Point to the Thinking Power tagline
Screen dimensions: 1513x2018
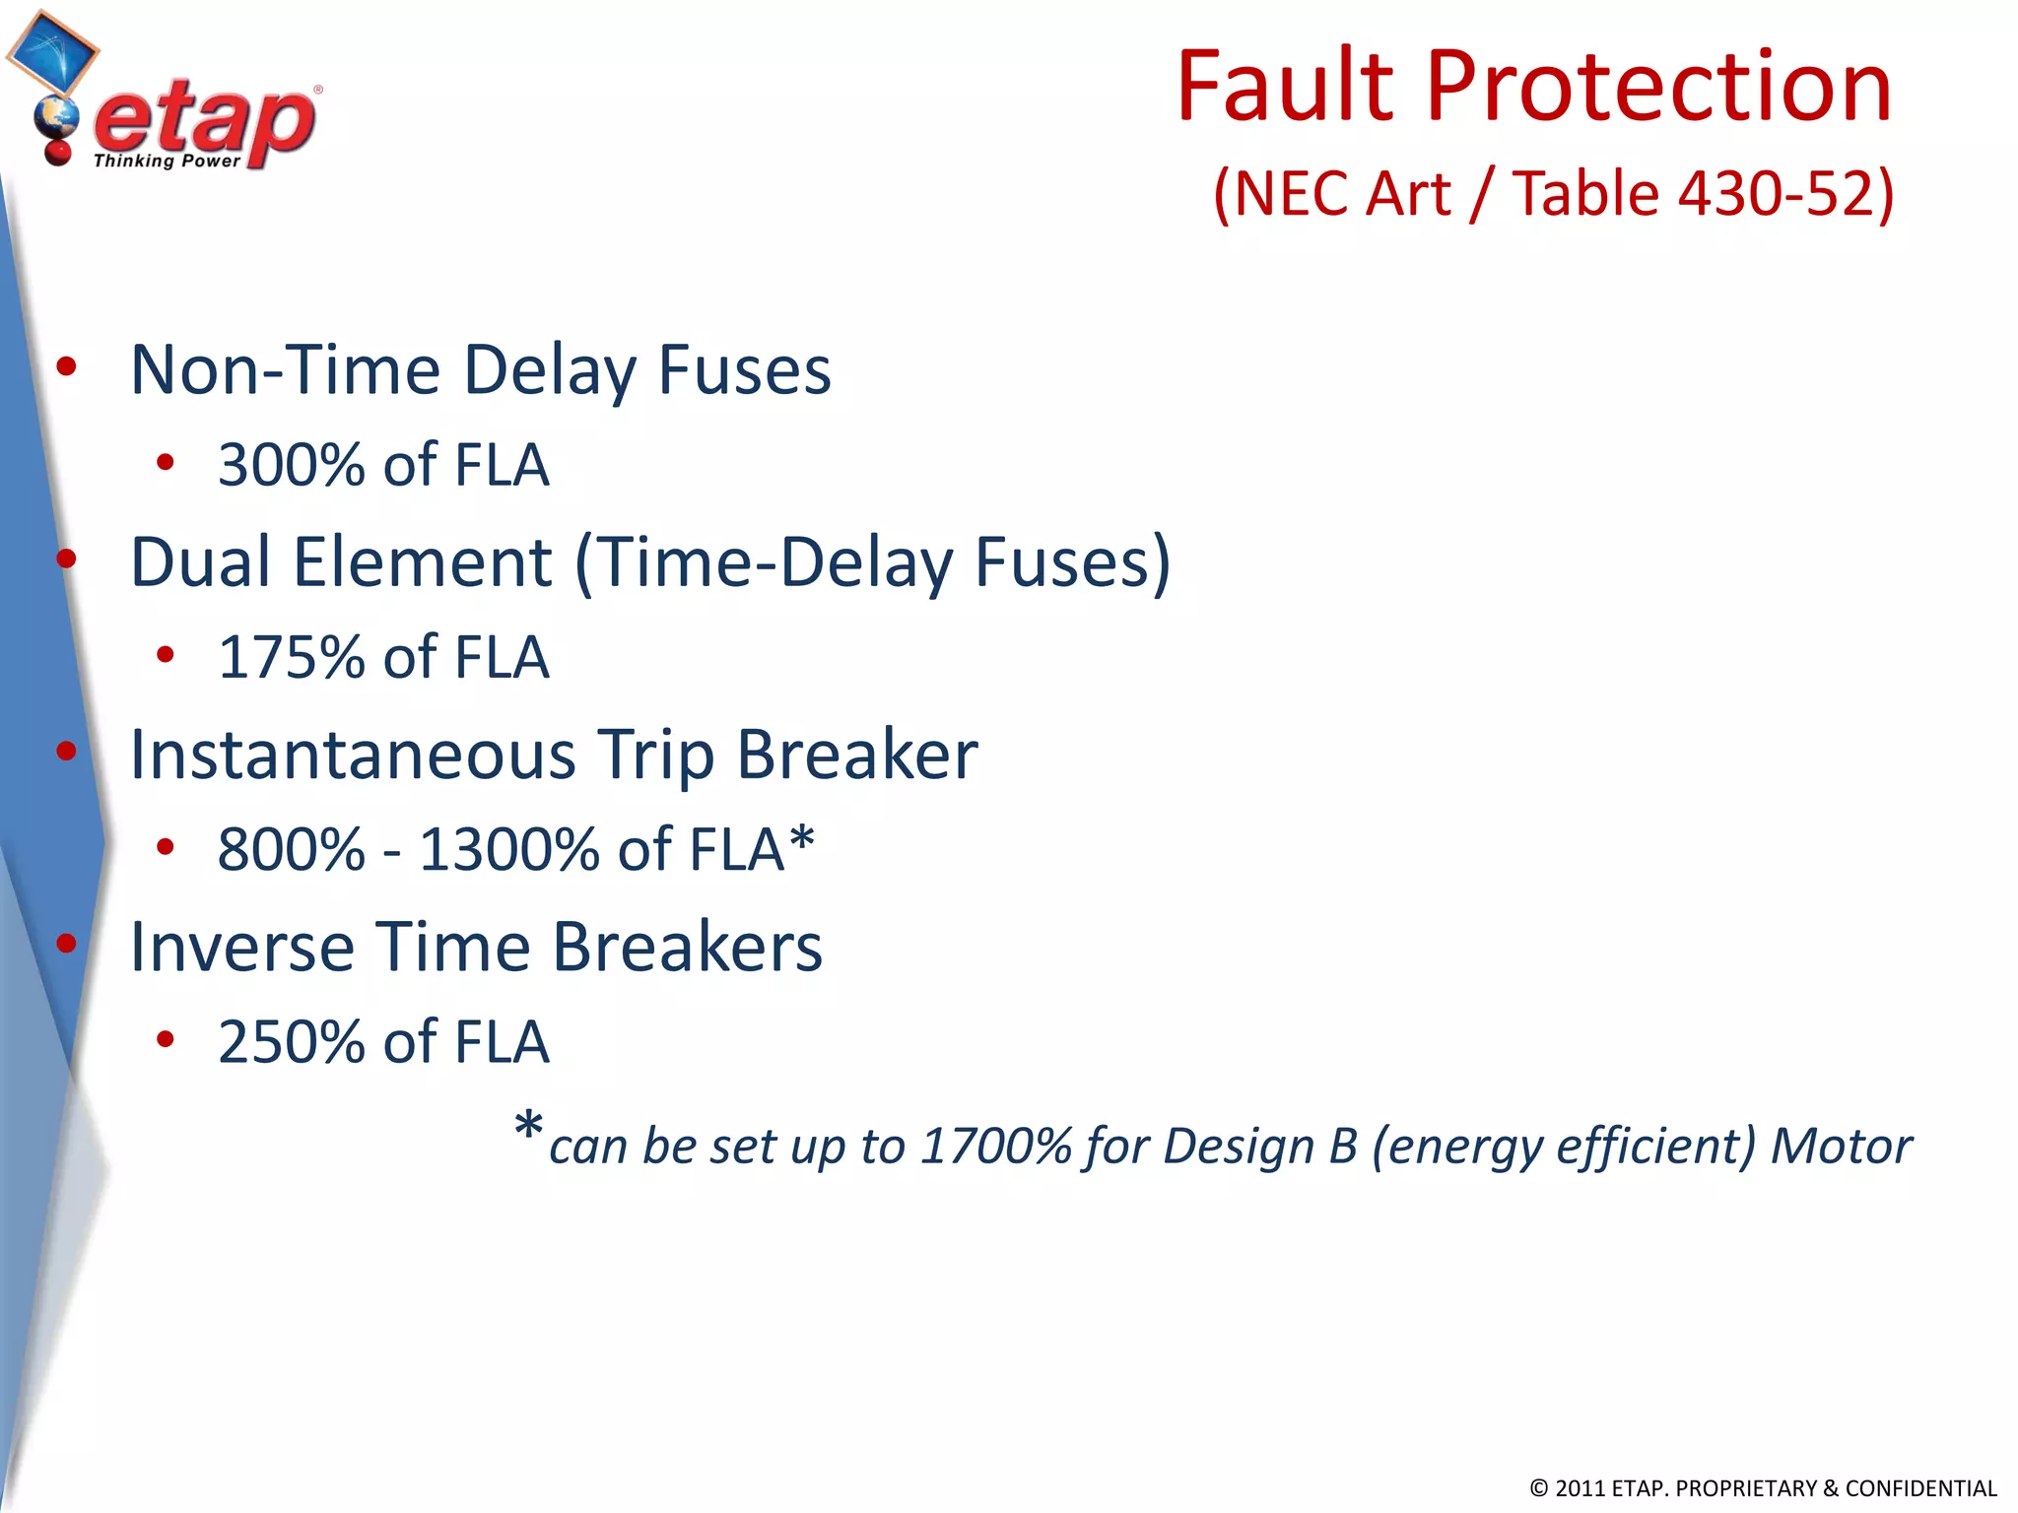coord(167,161)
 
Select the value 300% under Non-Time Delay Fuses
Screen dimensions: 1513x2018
coord(292,465)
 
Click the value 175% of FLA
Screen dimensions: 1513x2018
coord(382,657)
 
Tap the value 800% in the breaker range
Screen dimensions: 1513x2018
coord(292,849)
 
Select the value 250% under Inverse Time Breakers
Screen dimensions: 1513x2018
coord(292,1041)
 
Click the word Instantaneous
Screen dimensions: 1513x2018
coord(353,756)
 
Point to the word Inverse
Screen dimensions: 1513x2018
coord(240,948)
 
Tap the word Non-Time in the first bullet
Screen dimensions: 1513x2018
coord(285,370)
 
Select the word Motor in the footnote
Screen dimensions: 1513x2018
coord(1841,1147)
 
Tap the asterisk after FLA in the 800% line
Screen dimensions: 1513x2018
coord(802,840)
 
